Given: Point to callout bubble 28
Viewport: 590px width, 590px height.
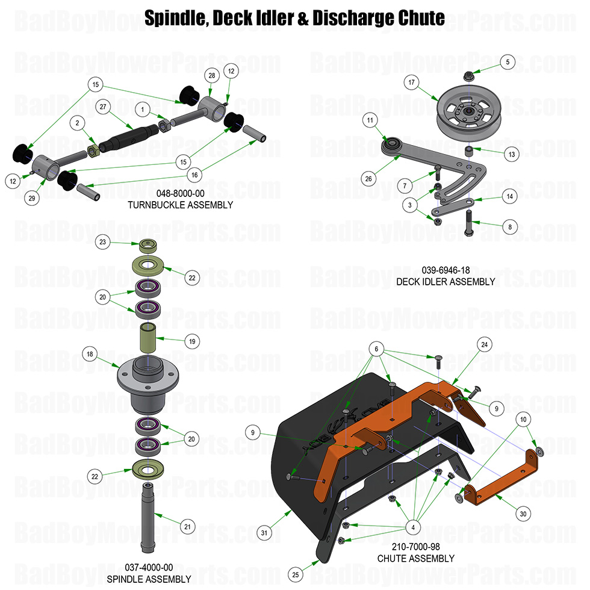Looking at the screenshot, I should point(211,75).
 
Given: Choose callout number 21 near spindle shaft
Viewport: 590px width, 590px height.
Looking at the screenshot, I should point(187,527).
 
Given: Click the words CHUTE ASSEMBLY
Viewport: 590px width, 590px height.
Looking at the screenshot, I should point(415,558).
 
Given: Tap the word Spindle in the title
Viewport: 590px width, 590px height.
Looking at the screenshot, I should point(173,18).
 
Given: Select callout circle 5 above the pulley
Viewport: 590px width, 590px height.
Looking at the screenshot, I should point(508,61).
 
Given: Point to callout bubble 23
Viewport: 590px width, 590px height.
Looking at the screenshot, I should point(103,242).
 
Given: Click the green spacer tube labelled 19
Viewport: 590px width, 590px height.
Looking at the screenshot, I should point(149,339).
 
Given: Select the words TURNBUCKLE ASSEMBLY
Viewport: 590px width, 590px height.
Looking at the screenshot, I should point(180,205).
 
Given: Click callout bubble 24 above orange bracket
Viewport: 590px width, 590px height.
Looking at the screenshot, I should point(483,344).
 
